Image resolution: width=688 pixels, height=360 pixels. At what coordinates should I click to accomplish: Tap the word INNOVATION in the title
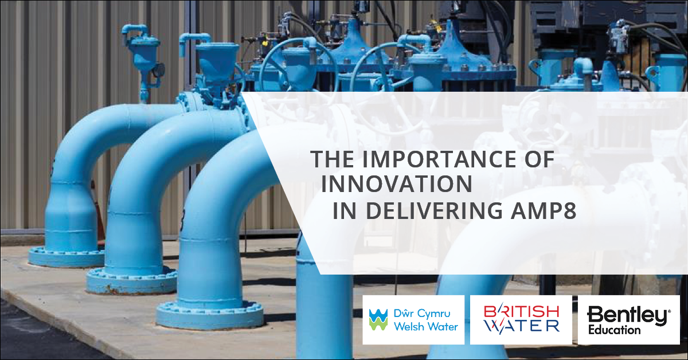(x=397, y=185)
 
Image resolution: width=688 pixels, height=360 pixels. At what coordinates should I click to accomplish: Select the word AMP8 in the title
(x=544, y=210)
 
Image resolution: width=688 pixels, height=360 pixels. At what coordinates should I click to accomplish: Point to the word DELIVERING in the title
(x=435, y=210)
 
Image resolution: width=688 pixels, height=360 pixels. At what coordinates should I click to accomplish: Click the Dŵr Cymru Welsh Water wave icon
(x=378, y=319)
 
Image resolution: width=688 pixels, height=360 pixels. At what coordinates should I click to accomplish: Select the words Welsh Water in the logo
(x=426, y=327)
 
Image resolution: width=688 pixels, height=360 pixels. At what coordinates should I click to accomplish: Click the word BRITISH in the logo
(x=522, y=312)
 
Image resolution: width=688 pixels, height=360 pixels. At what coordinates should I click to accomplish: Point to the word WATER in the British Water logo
(x=522, y=326)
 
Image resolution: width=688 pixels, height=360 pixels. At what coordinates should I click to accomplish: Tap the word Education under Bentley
(x=614, y=330)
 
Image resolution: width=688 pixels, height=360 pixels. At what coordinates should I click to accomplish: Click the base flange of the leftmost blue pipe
(x=67, y=256)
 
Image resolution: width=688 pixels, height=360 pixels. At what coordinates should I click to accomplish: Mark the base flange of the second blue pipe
(x=131, y=281)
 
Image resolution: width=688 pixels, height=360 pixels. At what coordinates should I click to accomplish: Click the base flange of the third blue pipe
(x=210, y=315)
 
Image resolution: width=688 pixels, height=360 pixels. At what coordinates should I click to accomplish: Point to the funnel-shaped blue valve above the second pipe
(x=217, y=61)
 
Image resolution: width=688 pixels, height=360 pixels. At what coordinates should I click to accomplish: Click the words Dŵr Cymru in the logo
(x=422, y=314)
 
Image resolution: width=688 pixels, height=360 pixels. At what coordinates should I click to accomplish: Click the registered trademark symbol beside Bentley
(x=669, y=311)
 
